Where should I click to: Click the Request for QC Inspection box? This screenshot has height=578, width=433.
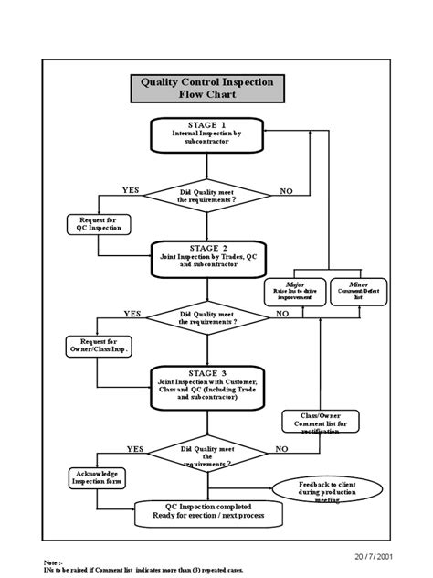(x=100, y=224)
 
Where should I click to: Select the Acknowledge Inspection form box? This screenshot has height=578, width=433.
(x=100, y=477)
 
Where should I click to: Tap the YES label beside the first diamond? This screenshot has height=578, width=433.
(x=131, y=189)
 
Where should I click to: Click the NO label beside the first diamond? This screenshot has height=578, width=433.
(x=287, y=190)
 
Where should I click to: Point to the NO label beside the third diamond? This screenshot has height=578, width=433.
(x=281, y=449)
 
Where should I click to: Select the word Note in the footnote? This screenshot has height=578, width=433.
(x=53, y=562)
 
